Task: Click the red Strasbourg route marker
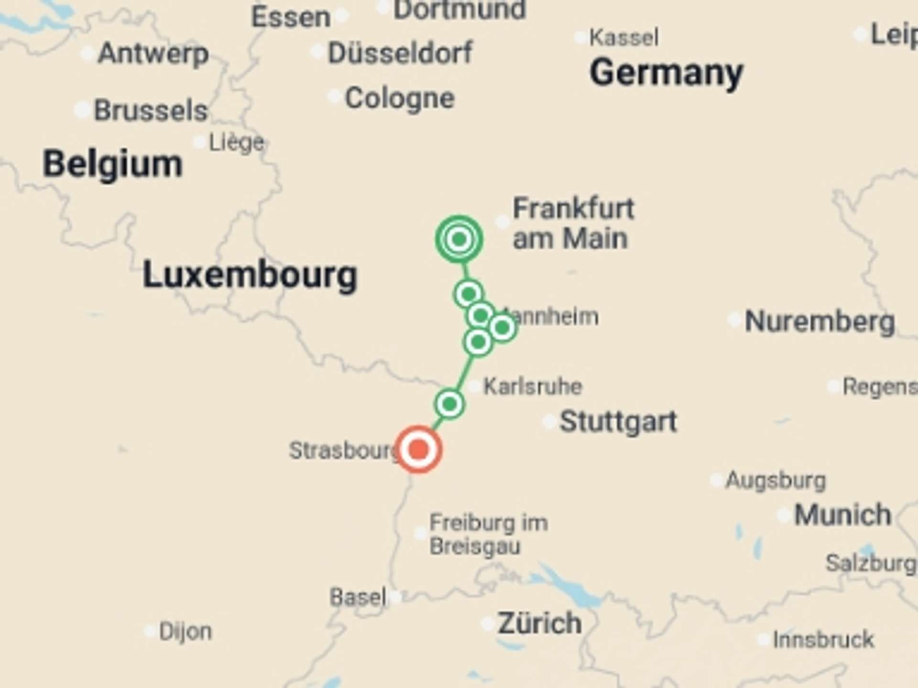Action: (419, 449)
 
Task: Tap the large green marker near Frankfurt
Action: (459, 239)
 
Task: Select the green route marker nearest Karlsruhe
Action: (449, 404)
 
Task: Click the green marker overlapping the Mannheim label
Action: (502, 328)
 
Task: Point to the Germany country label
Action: (666, 73)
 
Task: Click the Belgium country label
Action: (113, 164)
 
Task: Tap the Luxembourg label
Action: (250, 275)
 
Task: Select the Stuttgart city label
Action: (618, 421)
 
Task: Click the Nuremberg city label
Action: (820, 321)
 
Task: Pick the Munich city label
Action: (842, 515)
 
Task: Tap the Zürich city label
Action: (539, 623)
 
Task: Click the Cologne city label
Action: (400, 98)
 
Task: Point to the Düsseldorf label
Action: (400, 53)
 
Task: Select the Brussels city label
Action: (151, 110)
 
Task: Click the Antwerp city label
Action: (153, 53)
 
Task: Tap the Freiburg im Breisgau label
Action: (488, 534)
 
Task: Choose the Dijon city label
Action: (185, 631)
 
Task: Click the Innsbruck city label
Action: (823, 639)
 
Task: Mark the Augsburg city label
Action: (776, 480)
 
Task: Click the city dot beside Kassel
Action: (580, 38)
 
